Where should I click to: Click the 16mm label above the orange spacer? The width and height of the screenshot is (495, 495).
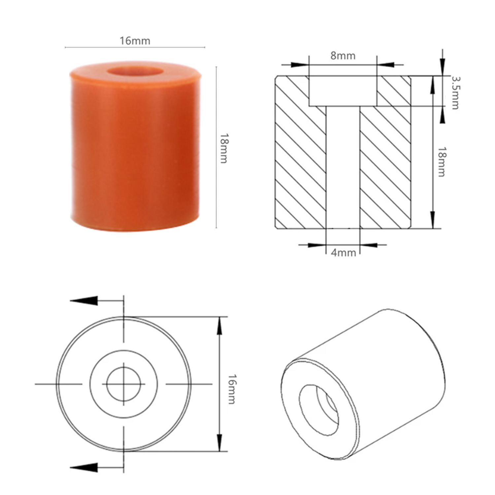[x=135, y=41]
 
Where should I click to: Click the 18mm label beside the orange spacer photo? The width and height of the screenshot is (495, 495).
[x=224, y=148]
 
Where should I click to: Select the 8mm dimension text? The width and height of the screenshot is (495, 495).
[x=343, y=56]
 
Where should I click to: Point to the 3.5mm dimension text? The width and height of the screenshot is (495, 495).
[x=455, y=93]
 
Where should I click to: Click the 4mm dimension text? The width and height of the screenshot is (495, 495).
[x=343, y=253]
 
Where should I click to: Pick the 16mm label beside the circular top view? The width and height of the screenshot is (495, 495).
[x=232, y=389]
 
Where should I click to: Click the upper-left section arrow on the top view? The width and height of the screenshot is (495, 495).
[x=84, y=301]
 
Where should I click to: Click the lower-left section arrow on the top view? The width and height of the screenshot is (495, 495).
[x=84, y=467]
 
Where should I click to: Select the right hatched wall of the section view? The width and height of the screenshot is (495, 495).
[x=386, y=165]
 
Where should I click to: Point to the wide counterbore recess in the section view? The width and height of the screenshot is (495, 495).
[x=343, y=91]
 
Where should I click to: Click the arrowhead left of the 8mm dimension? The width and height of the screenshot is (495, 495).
[x=299, y=65]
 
